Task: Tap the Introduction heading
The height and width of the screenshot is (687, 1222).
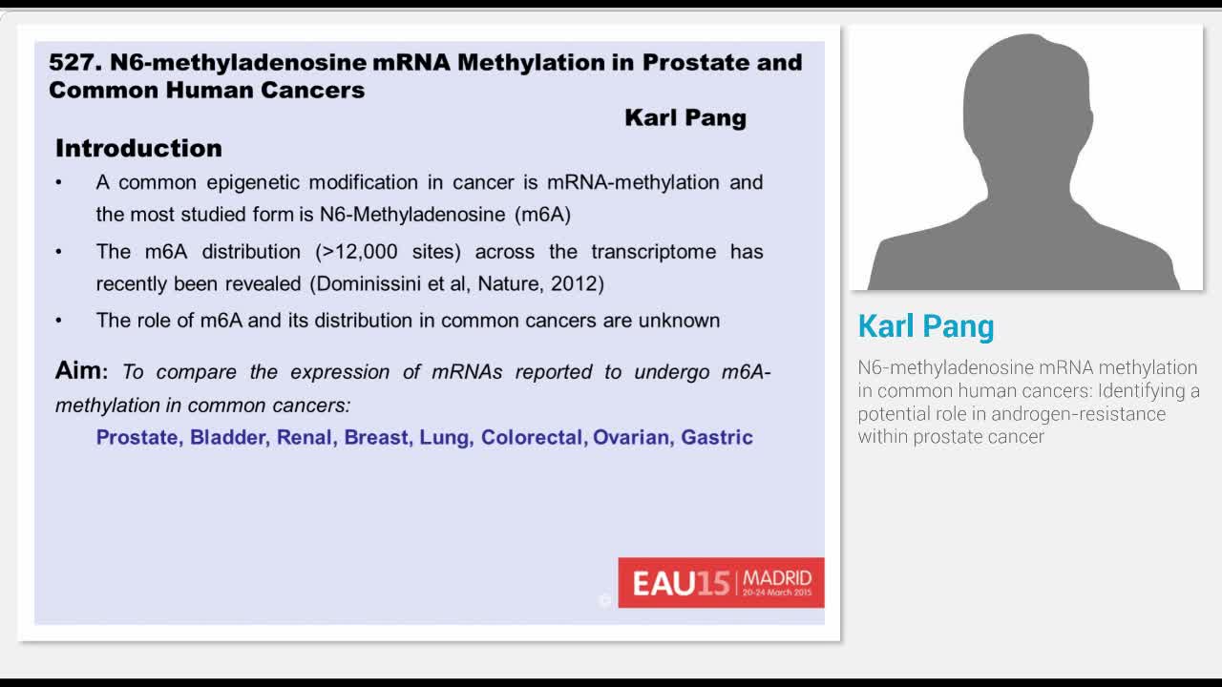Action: [138, 148]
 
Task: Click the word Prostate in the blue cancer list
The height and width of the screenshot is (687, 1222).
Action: [137, 437]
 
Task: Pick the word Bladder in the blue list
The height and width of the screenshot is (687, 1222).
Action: [229, 437]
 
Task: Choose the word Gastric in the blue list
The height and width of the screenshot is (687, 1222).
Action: [716, 437]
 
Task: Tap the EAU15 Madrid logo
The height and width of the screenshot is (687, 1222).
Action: [721, 583]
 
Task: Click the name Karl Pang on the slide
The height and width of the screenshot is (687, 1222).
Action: [685, 117]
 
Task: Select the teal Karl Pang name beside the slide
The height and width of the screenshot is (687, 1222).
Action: [925, 326]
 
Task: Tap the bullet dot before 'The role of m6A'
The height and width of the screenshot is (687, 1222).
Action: [59, 321]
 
